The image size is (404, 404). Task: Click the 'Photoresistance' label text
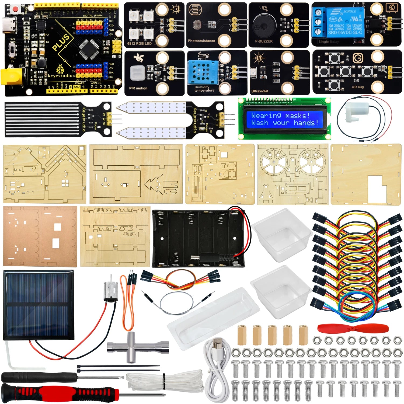click(x=201, y=41)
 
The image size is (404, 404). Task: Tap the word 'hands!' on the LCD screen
click(x=306, y=123)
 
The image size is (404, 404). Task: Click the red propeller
click(x=353, y=329)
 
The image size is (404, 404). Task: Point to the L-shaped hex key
click(x=12, y=358)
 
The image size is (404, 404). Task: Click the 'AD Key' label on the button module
click(x=358, y=87)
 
